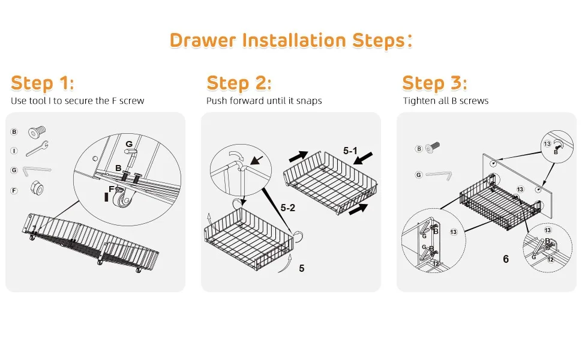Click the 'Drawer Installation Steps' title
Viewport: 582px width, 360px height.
point(290,40)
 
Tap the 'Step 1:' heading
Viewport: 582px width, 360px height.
point(43,83)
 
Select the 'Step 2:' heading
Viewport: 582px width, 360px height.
point(239,83)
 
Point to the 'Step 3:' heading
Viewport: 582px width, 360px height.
point(434,83)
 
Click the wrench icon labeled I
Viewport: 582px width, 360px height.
point(37,149)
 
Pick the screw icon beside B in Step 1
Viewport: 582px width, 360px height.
point(37,132)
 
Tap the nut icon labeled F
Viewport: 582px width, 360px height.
point(37,188)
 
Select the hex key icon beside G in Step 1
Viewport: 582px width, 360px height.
point(37,172)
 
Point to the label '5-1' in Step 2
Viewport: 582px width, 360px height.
point(350,151)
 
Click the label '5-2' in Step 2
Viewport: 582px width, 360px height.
point(287,208)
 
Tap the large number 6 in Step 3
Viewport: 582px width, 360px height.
point(506,259)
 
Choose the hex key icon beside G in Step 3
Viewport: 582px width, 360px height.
point(439,175)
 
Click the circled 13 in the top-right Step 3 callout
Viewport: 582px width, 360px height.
point(547,143)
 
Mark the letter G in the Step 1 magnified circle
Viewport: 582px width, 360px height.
point(129,144)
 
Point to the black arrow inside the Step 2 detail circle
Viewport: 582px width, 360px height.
point(256,160)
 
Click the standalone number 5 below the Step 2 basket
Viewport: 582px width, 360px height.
point(302,268)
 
